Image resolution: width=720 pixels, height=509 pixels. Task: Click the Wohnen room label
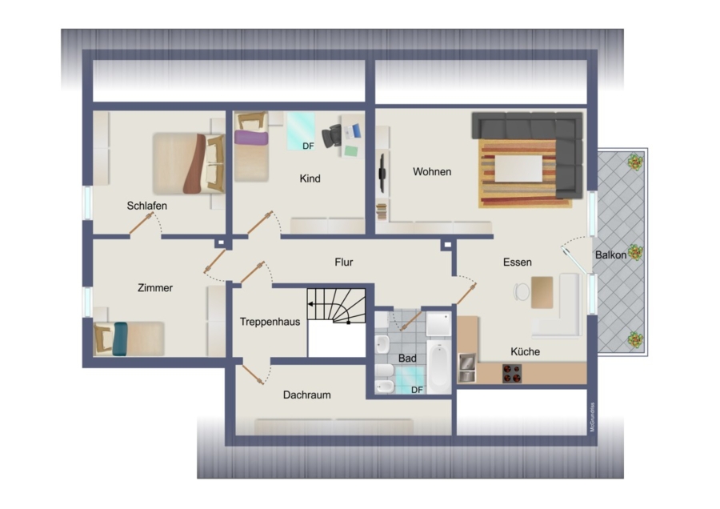pos(432,172)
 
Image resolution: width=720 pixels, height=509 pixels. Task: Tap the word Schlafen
pos(147,206)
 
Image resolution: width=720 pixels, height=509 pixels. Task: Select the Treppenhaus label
pos(270,322)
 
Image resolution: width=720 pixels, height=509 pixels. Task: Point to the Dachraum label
pos(306,395)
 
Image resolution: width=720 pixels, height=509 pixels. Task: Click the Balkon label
pos(610,255)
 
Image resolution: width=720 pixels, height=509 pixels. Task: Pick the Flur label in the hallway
pos(343,263)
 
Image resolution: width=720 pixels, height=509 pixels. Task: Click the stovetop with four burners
pos(511,374)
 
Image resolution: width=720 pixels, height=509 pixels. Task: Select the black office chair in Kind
pos(331,136)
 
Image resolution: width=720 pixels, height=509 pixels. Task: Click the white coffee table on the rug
pos(518,169)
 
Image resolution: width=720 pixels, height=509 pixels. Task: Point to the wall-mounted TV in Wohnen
pos(382,173)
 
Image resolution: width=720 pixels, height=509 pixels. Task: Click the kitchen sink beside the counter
pos(467,367)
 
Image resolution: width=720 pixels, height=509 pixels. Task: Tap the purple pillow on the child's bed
pos(250,138)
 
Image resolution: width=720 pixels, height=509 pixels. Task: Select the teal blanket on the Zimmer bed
pos(120,339)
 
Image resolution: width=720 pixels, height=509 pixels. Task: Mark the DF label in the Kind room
pos(308,146)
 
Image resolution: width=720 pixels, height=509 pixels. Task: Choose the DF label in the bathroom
pos(417,390)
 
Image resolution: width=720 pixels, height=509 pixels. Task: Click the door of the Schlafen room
pos(141,224)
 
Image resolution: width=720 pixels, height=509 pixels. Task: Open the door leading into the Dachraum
pos(253,375)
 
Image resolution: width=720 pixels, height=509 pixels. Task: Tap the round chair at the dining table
pos(522,291)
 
